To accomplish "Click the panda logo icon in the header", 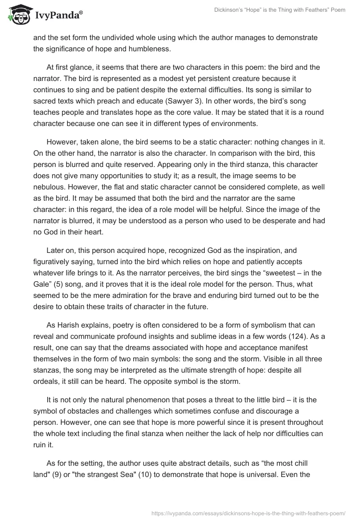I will pos(16,14).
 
